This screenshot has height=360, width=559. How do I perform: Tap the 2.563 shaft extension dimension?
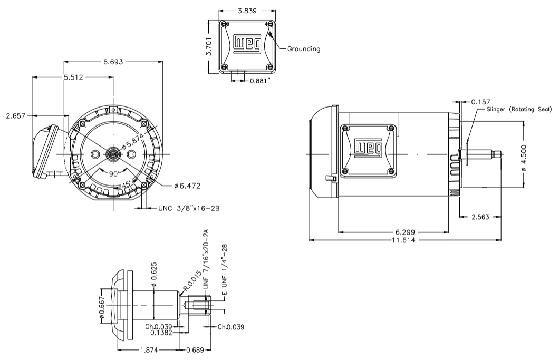(480, 217)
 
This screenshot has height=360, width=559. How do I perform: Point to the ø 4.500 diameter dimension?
(539, 153)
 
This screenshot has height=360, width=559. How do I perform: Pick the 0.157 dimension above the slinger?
(481, 101)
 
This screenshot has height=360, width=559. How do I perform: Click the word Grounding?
(303, 49)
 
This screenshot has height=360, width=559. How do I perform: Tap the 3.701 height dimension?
(209, 46)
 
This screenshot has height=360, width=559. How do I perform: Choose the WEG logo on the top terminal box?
(247, 45)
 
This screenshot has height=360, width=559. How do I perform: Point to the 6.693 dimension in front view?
(113, 62)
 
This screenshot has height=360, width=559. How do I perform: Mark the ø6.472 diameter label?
(188, 186)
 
